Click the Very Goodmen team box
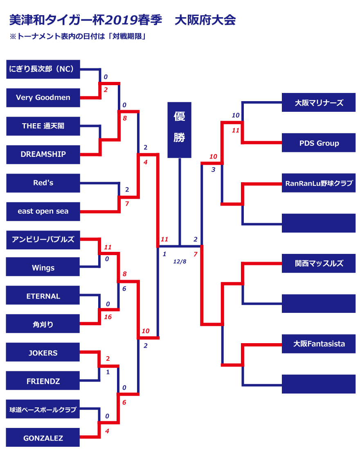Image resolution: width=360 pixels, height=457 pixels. (x=43, y=97)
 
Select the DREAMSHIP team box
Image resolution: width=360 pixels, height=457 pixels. (x=43, y=154)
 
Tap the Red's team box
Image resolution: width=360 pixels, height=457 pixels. (x=43, y=183)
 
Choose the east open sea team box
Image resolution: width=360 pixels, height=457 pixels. (x=43, y=211)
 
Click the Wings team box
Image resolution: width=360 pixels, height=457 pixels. (x=43, y=268)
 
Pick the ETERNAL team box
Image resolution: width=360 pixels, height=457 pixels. (x=43, y=296)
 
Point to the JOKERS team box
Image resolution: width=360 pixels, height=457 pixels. (x=43, y=353)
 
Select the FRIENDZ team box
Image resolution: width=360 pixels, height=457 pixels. (x=43, y=381)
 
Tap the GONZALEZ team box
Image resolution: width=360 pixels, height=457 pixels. (x=43, y=438)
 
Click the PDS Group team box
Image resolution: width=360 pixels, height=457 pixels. (x=319, y=143)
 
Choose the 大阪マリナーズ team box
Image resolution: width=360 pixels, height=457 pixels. (x=319, y=103)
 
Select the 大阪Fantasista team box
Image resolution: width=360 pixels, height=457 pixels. (x=319, y=344)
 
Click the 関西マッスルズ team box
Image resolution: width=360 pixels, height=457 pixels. (x=319, y=263)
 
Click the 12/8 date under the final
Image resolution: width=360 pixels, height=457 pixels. (x=180, y=261)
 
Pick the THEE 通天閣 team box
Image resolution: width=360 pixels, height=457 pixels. (x=43, y=126)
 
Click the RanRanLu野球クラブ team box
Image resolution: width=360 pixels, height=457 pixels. (x=319, y=183)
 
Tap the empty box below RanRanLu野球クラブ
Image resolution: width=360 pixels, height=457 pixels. (x=319, y=223)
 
